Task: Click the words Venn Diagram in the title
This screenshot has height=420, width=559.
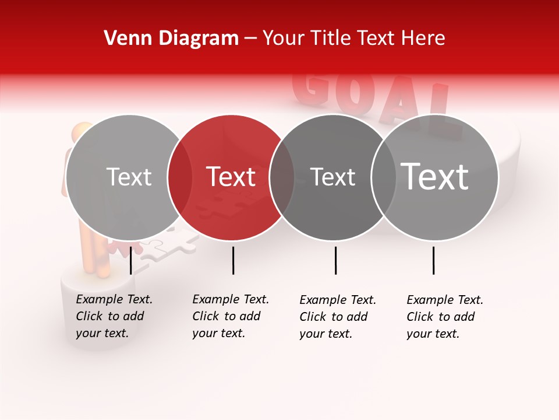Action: (x=171, y=38)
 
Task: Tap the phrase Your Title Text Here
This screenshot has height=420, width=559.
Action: (x=353, y=38)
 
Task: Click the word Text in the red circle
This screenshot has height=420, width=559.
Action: (x=231, y=177)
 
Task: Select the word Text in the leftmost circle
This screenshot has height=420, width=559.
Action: (x=129, y=177)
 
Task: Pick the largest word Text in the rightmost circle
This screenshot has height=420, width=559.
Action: (x=435, y=177)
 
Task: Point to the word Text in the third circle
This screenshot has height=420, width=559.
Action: (x=332, y=177)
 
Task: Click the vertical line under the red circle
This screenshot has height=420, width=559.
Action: (x=233, y=260)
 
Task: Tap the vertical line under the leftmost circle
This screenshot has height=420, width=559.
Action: (x=131, y=260)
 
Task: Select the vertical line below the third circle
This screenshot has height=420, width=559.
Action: (x=335, y=260)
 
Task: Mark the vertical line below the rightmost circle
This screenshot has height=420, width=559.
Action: (x=433, y=260)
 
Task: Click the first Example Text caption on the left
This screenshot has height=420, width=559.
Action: (x=114, y=316)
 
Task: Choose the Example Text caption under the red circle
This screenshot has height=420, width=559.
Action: (x=230, y=316)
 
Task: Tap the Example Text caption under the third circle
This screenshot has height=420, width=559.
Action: (x=337, y=317)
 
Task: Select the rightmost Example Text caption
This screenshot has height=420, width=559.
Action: (x=444, y=317)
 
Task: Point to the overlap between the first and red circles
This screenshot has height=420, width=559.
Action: (x=180, y=177)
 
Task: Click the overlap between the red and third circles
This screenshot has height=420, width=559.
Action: (x=282, y=177)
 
